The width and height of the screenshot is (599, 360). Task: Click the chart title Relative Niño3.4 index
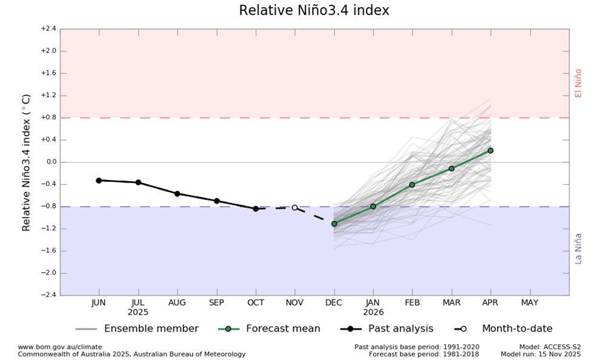click(314, 11)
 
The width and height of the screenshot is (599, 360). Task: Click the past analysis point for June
click(99, 180)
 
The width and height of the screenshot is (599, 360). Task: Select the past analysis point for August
click(177, 193)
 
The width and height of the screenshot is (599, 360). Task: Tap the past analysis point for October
click(256, 208)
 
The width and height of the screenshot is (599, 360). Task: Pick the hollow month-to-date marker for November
click(295, 207)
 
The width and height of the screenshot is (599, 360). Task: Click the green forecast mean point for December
click(334, 224)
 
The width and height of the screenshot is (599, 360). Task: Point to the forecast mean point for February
click(412, 184)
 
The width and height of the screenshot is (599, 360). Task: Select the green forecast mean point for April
click(490, 150)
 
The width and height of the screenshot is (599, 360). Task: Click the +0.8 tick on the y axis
click(48, 118)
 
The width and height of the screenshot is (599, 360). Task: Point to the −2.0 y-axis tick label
click(48, 273)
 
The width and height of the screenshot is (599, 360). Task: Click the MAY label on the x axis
click(529, 302)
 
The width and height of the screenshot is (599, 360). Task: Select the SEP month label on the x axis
click(216, 302)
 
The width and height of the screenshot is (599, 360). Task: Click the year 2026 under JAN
click(373, 313)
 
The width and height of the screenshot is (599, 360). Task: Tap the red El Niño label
click(578, 83)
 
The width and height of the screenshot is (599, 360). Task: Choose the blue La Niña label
click(578, 248)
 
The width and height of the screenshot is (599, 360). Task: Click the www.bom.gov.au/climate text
click(59, 347)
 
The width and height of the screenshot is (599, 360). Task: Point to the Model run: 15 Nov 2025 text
click(540, 354)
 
